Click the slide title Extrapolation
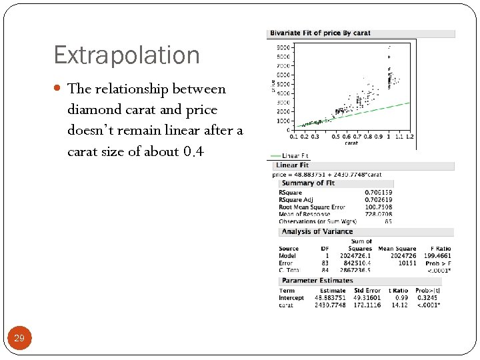coord(127,55)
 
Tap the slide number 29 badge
coord(19,339)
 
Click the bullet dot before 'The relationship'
coord(59,89)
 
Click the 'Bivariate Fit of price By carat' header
coord(319,33)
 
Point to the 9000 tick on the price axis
coord(283,48)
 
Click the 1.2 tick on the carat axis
coord(409,136)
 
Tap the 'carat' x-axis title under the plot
coord(351,143)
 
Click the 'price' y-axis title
coord(273,86)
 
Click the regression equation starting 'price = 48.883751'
coord(327,174)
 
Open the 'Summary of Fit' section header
coord(307,183)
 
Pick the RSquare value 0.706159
coord(379,193)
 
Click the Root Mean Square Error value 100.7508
coord(379,207)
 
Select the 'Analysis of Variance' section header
coord(317,231)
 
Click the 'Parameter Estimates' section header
coord(313,281)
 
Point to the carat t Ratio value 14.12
coord(399,305)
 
